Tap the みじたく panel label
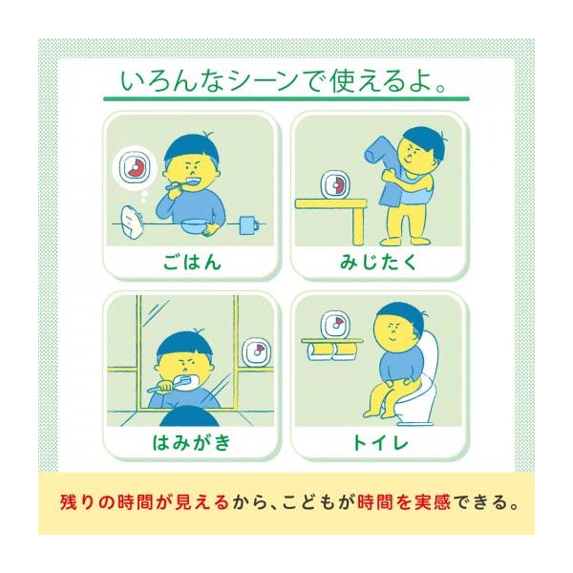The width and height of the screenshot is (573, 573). pyautogui.click(x=379, y=261)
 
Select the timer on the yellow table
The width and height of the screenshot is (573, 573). pyautogui.click(x=335, y=183)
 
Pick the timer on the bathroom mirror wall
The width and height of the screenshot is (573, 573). pyautogui.click(x=256, y=352)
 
